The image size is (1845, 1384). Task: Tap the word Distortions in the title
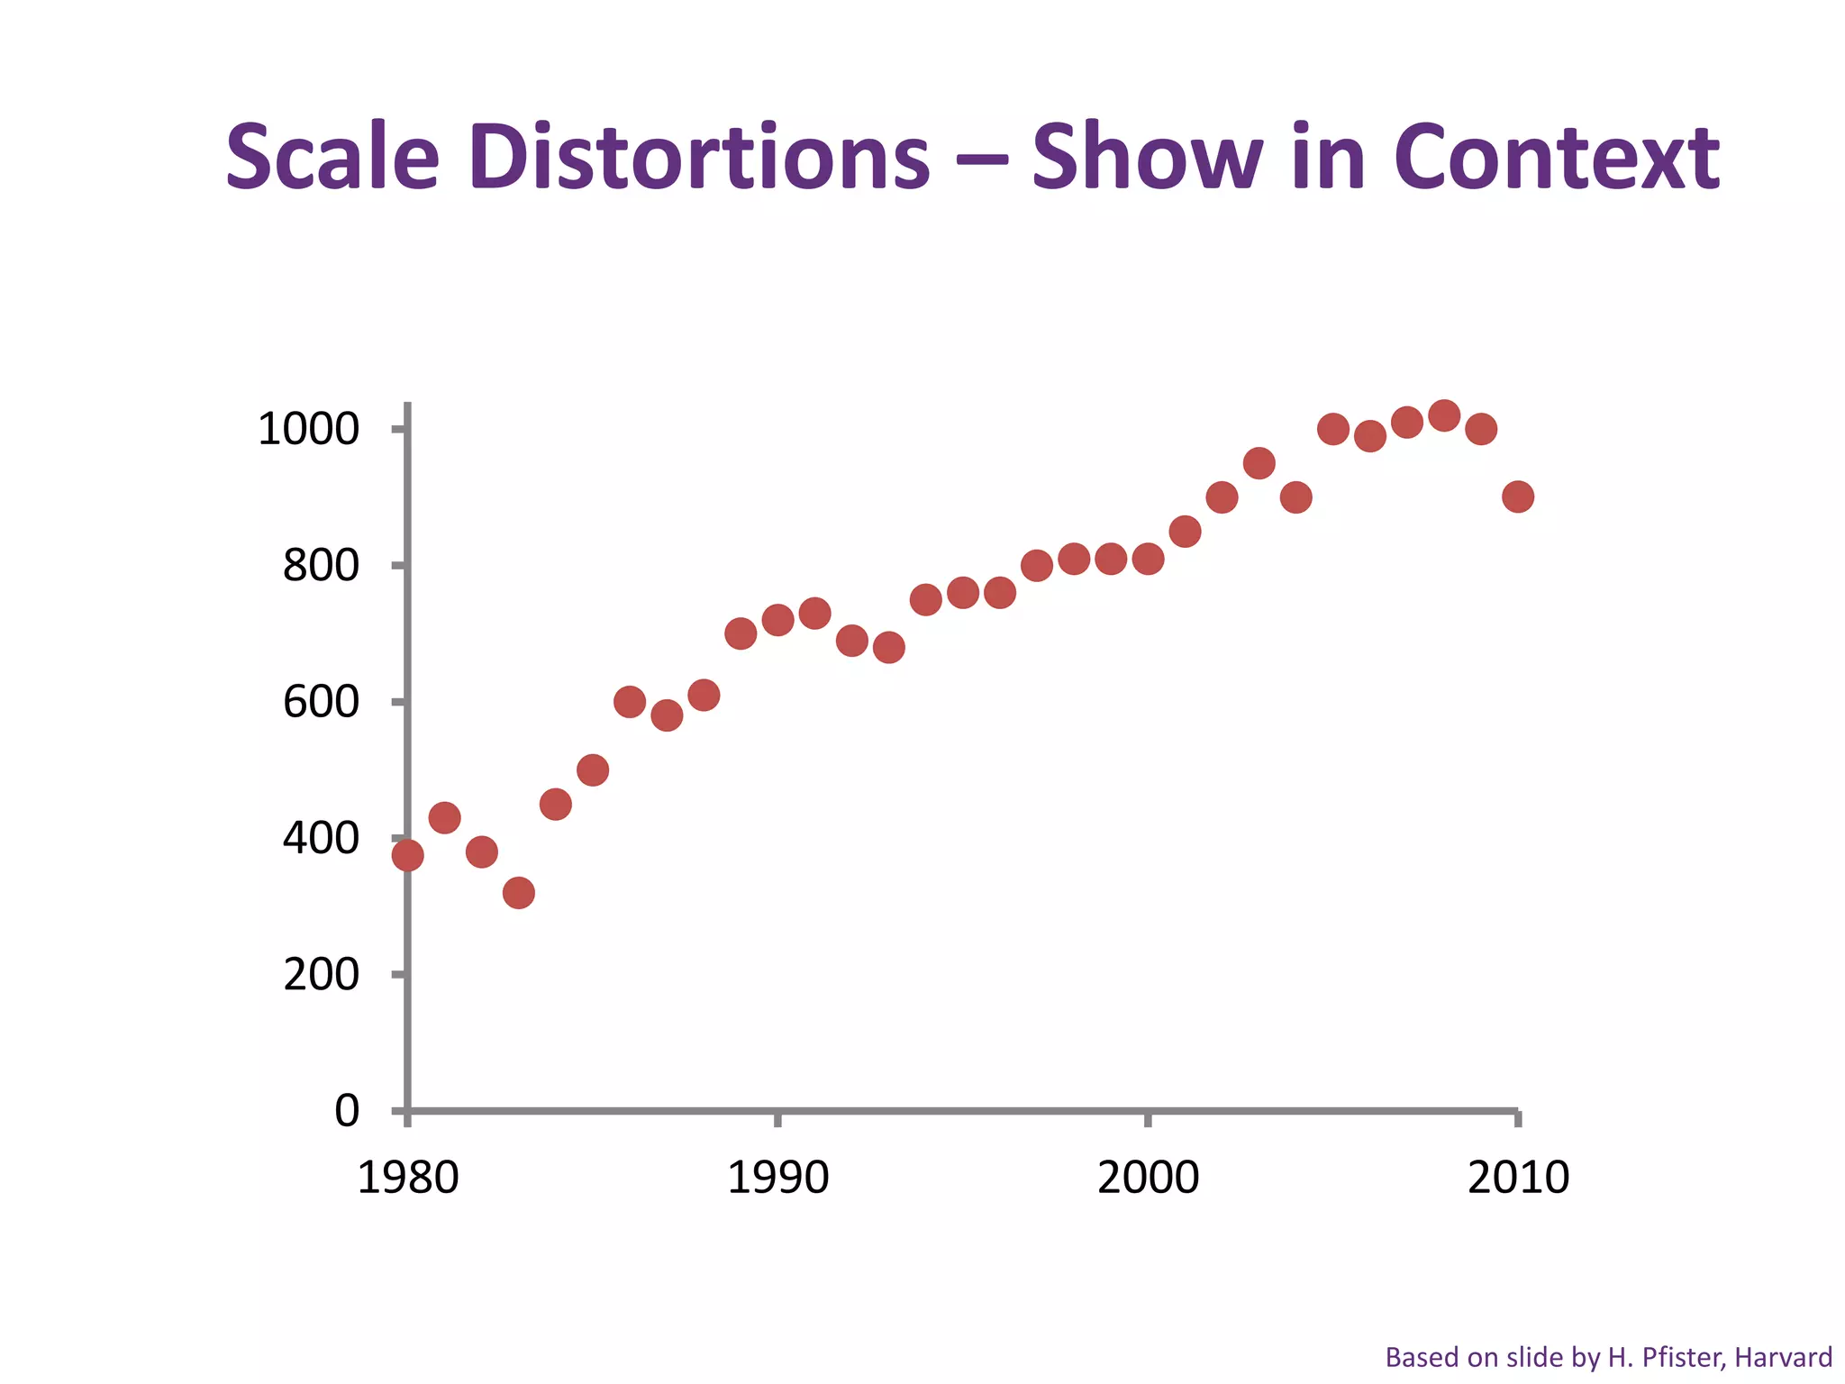pos(699,158)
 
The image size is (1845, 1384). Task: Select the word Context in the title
pos(1557,158)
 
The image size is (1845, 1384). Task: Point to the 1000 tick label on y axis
pos(308,429)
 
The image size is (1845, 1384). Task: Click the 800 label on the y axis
pos(321,566)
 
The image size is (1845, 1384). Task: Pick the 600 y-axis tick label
pos(321,702)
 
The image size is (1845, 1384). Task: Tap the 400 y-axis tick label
pos(321,839)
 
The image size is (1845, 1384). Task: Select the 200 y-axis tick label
pos(321,975)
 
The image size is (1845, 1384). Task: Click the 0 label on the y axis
pos(347,1111)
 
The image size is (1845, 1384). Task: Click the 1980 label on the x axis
pos(408,1178)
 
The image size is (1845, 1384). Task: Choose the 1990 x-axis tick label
pos(777,1178)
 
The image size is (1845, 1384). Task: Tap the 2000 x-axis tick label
pos(1148,1178)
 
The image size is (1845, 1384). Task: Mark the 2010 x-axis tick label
pos(1518,1178)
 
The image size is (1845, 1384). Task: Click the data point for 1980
pos(408,855)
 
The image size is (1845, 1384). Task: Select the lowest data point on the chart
pos(519,893)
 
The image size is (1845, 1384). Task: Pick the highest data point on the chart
pos(1444,416)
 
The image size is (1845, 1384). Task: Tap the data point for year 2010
pos(1518,496)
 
